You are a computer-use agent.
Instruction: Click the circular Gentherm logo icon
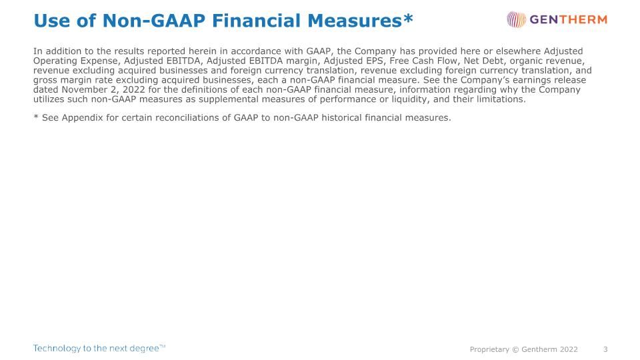point(516,19)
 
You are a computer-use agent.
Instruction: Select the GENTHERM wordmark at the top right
point(569,19)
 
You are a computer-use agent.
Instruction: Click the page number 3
point(605,349)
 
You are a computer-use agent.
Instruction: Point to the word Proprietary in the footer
point(489,349)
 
